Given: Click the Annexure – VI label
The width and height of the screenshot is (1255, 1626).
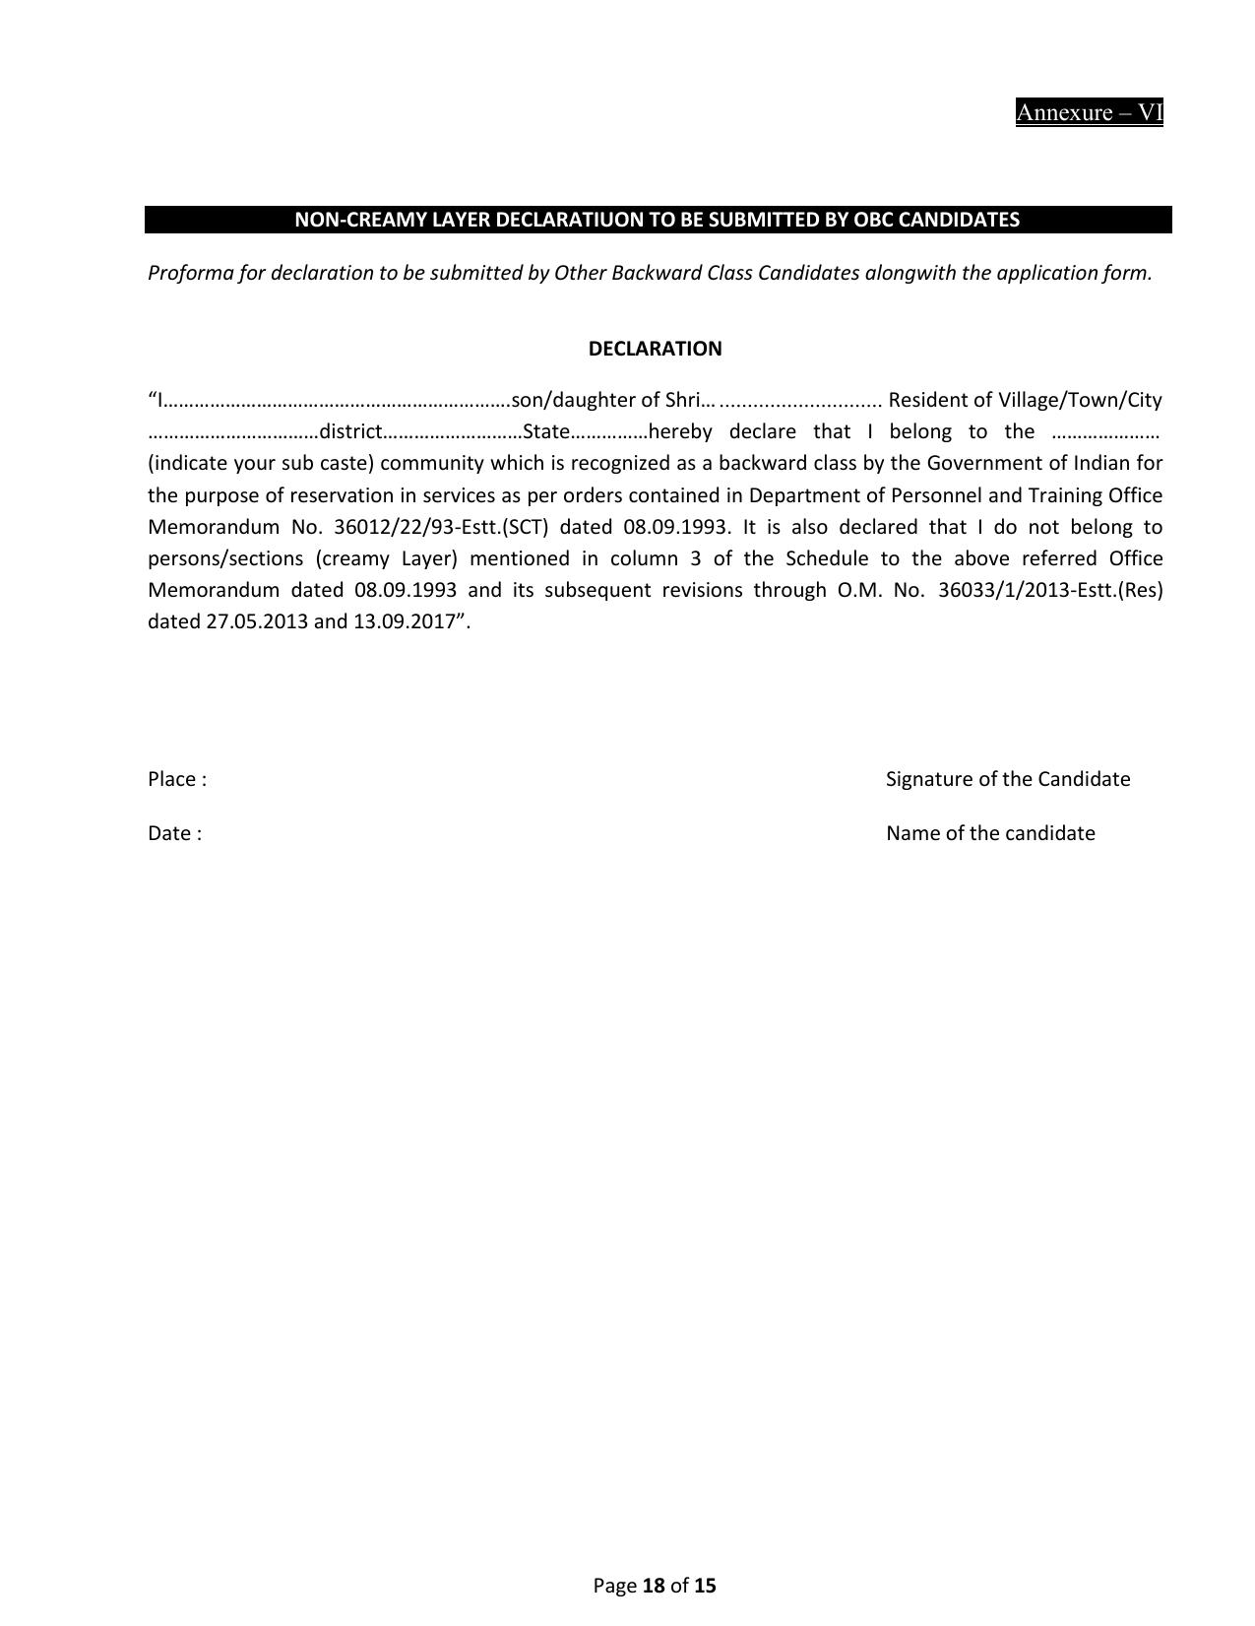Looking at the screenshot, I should pyautogui.click(x=1089, y=112).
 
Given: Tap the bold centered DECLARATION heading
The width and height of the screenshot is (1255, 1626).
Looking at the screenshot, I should pyautogui.click(x=655, y=349).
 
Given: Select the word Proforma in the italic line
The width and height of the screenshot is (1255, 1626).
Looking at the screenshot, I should pyautogui.click(x=186, y=273).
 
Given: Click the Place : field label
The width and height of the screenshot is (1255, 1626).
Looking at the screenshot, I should pyautogui.click(x=177, y=779).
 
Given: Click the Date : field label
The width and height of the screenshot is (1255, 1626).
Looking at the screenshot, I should pyautogui.click(x=175, y=833).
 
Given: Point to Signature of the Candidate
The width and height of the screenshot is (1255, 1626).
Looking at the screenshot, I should pyautogui.click(x=1007, y=779).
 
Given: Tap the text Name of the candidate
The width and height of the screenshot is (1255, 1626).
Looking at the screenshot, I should pyautogui.click(x=990, y=833).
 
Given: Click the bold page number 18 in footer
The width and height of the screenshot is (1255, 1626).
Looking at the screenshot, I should pyautogui.click(x=654, y=1586).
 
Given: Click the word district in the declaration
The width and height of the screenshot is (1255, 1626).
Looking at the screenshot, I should pyautogui.click(x=349, y=431).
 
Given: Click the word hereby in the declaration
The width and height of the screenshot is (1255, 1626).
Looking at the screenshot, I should pyautogui.click(x=680, y=431).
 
